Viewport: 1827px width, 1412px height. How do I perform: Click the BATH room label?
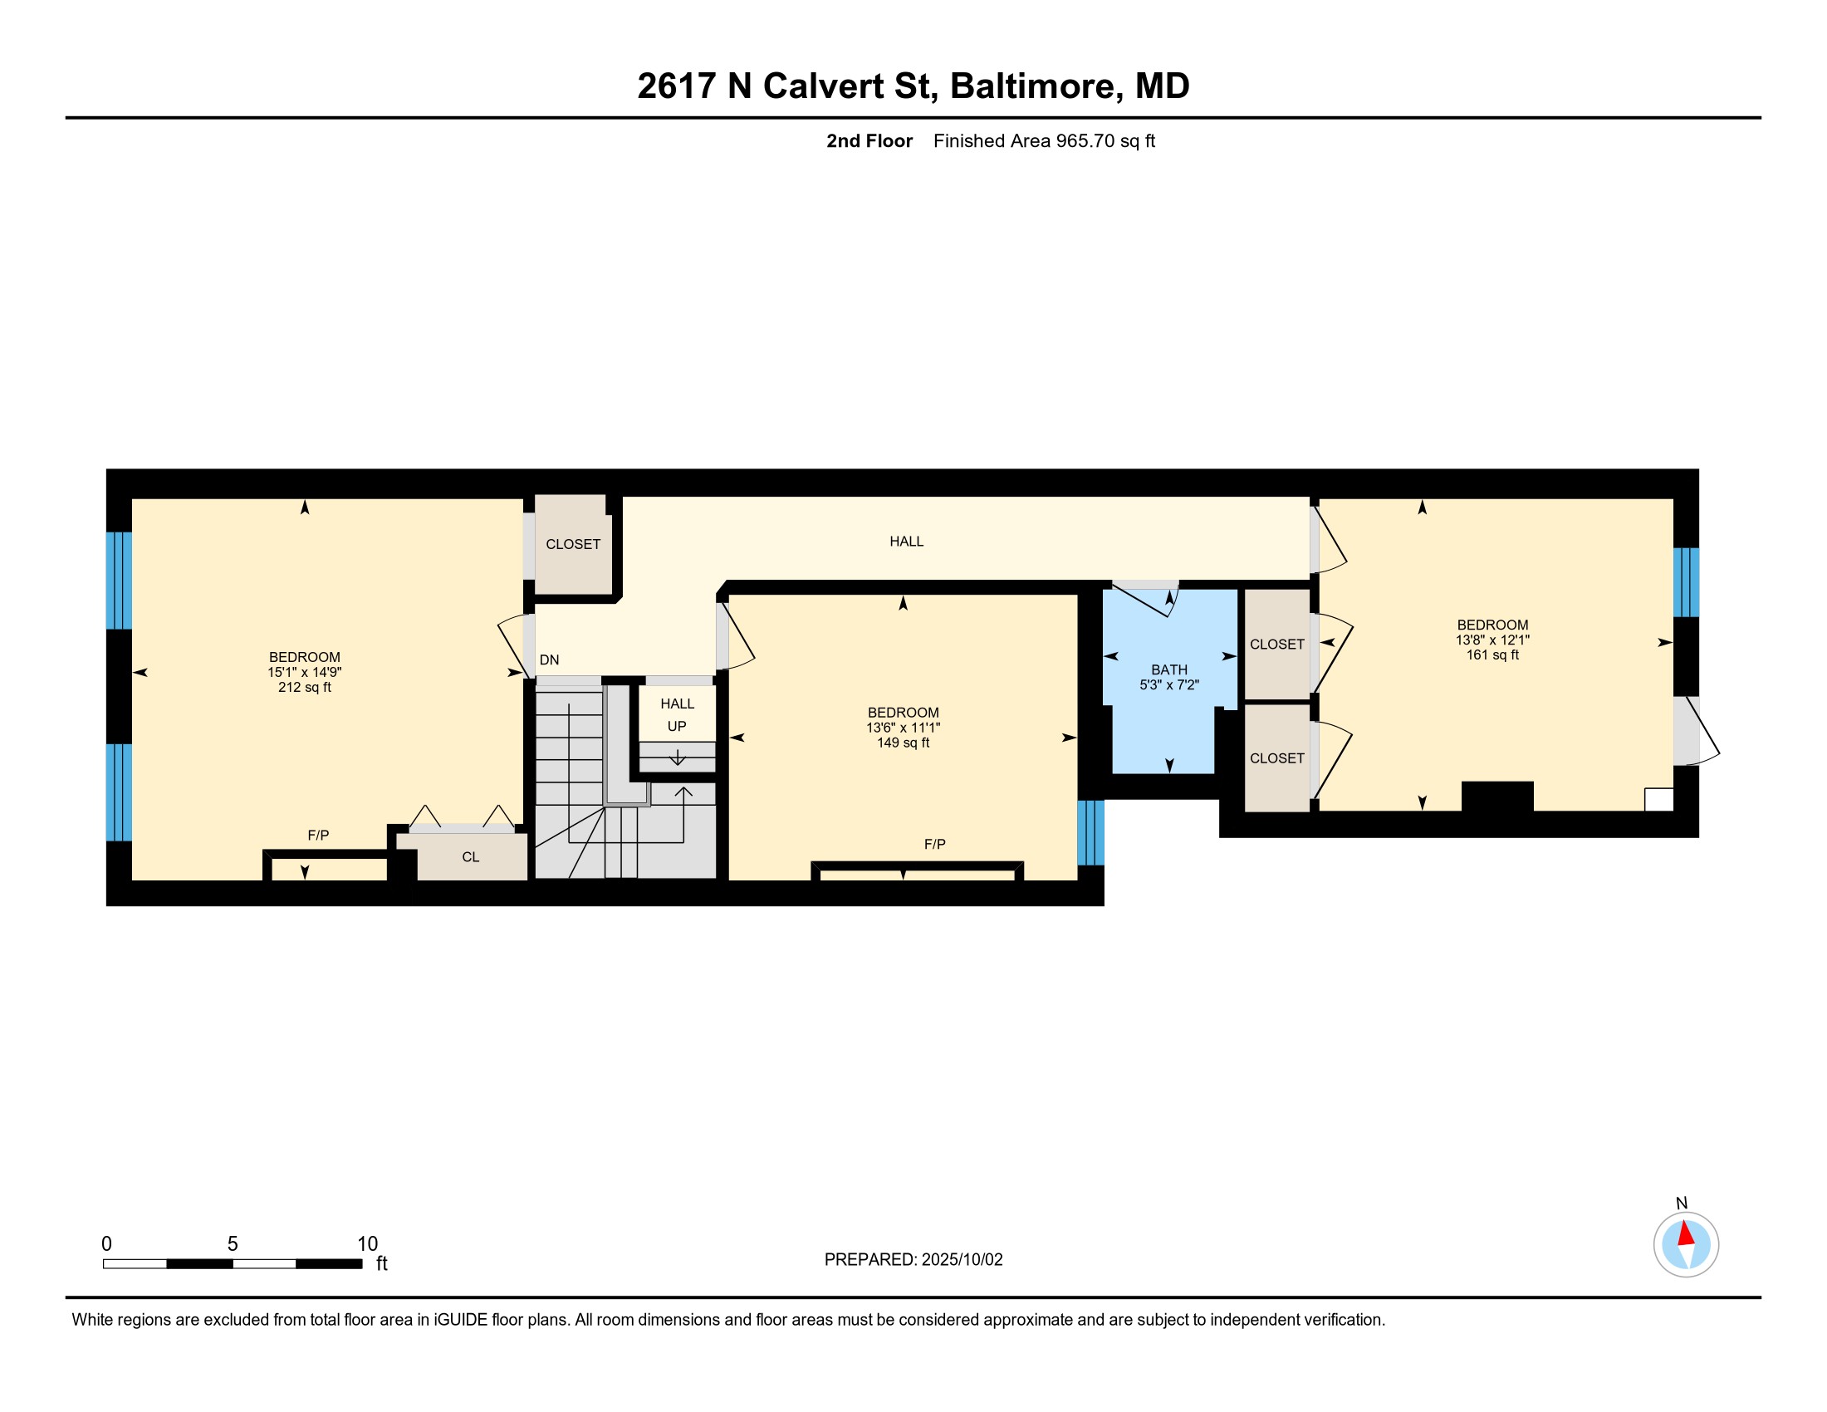coord(1168,669)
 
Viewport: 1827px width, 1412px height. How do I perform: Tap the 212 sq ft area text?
coord(305,688)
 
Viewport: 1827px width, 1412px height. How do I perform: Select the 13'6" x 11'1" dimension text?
coord(903,728)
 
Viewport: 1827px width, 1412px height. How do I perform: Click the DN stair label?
coord(549,660)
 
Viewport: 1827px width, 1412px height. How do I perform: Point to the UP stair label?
coord(677,726)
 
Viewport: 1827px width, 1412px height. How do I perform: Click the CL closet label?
coord(470,856)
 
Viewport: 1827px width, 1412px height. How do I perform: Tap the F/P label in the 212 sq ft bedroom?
coord(318,835)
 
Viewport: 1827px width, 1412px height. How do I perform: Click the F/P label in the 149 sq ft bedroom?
coord(934,844)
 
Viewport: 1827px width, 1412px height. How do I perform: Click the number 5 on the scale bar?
coord(233,1244)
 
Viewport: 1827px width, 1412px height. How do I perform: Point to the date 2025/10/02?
coord(962,1260)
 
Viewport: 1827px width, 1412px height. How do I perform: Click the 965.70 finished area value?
coord(1085,140)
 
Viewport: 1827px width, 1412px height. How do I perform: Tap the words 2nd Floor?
coord(869,140)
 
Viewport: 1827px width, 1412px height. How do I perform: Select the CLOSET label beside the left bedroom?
coord(573,544)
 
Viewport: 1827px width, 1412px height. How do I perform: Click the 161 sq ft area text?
coord(1492,655)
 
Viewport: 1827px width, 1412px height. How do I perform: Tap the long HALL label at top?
coord(906,542)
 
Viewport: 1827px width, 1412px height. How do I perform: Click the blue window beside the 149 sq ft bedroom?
coord(1090,832)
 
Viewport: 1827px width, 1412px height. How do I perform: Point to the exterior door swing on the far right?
coord(1698,732)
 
